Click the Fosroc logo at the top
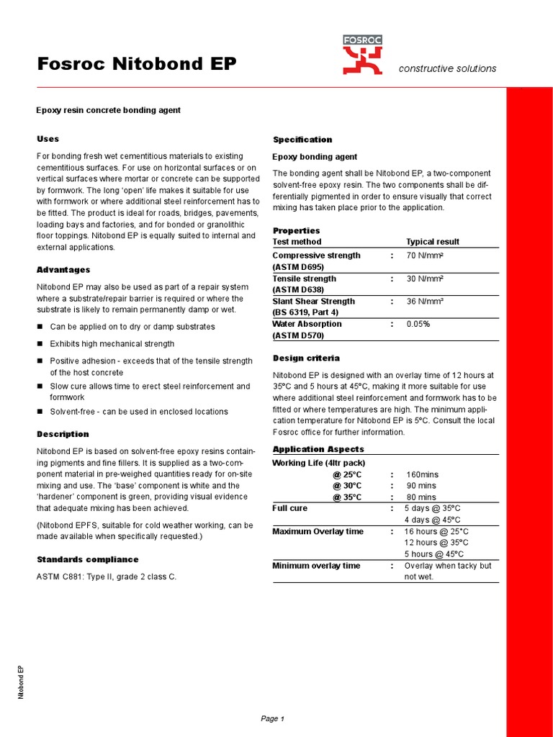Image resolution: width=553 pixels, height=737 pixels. pos(362,55)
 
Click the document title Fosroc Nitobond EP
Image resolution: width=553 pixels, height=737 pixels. pos(136,64)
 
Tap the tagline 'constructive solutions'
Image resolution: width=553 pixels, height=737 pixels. pos(447,68)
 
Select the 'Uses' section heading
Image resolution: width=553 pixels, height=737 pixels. pos(48,139)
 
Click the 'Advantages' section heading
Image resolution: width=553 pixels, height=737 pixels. pos(63,270)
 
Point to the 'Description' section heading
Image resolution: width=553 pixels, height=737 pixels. pos(63,434)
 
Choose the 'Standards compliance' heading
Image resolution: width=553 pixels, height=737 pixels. pos(87,559)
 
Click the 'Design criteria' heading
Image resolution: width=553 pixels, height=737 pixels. pos(306,358)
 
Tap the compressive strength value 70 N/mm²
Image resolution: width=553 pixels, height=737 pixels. pos(425,256)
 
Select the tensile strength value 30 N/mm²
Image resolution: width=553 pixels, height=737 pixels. pos(425,279)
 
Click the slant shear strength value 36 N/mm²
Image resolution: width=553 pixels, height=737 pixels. pos(425,302)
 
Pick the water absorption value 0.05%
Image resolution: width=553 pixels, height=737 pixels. pos(418,324)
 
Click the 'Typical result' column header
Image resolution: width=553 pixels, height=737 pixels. pos(432,242)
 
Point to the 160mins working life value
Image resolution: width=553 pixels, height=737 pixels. pos(422,475)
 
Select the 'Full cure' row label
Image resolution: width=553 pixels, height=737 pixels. pos(289,508)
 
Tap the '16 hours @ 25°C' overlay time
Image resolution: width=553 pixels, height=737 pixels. pos(436,531)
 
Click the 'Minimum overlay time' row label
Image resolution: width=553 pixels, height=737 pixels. pos(315,566)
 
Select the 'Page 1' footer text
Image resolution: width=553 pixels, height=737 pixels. pos(273,718)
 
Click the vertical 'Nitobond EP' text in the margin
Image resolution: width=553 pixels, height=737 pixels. pos(22,682)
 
